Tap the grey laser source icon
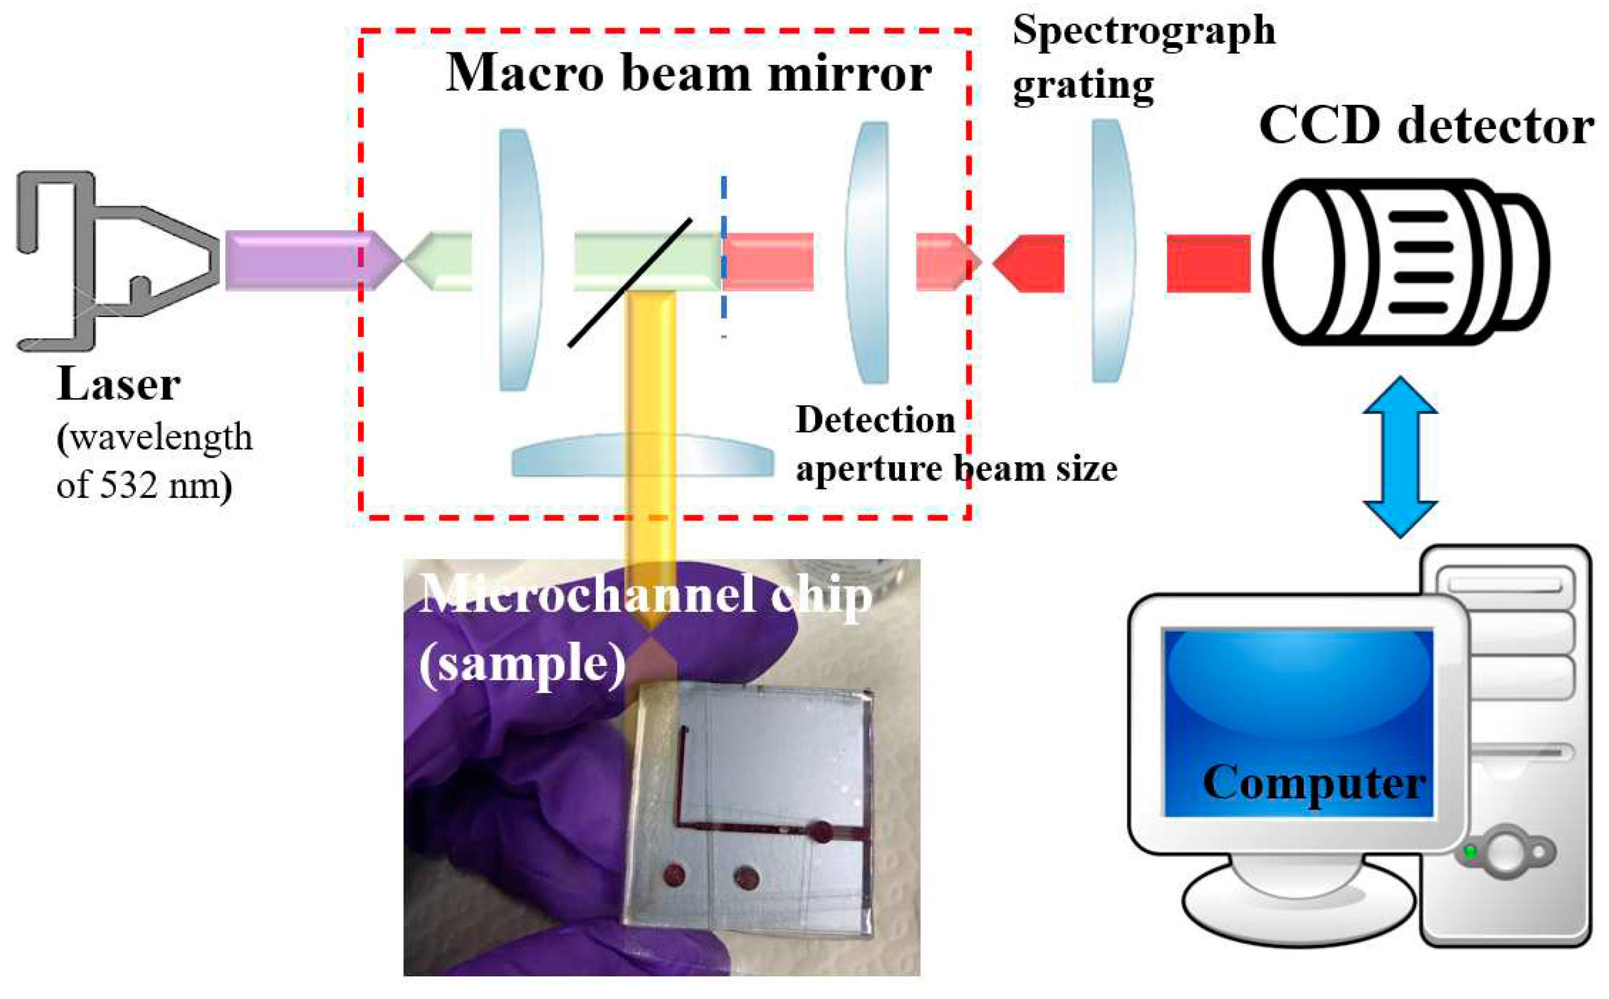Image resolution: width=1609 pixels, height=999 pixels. [x=112, y=261]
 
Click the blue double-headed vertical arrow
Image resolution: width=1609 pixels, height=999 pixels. [x=1400, y=456]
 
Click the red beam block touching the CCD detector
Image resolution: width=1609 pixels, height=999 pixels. [x=1207, y=263]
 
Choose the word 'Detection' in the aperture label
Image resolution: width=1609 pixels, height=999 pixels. [x=875, y=420]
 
